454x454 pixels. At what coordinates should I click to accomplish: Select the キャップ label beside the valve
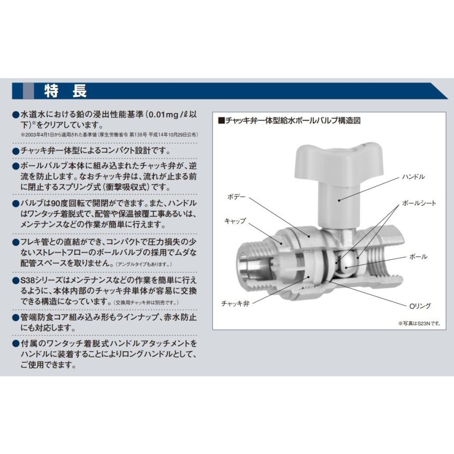point(235,221)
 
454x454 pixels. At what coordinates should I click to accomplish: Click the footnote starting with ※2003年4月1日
point(109,135)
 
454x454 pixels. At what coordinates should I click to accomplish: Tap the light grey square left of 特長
point(29,91)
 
